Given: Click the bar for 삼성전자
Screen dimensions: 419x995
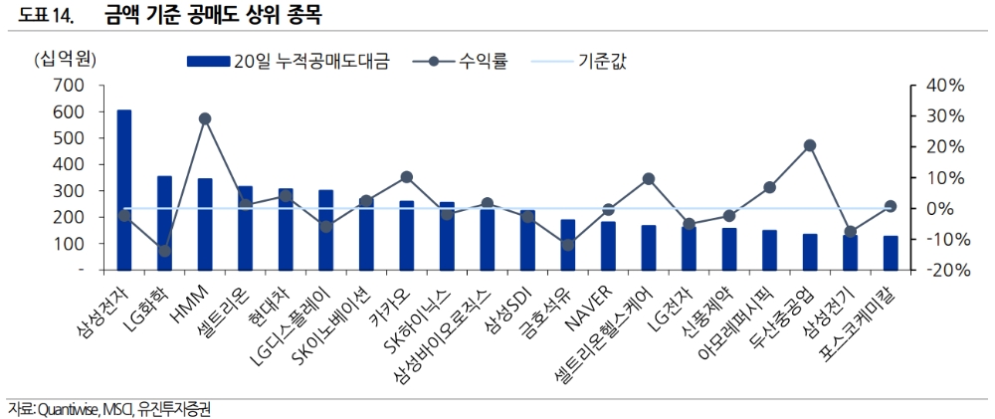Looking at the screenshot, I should click(124, 189).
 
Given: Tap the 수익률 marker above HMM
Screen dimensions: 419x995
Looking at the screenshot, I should click(205, 118).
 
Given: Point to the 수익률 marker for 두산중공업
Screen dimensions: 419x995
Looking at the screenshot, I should click(810, 145).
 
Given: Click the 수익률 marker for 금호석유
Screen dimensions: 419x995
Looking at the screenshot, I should click(567, 245).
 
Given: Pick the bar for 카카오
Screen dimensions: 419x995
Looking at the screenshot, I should click(406, 235).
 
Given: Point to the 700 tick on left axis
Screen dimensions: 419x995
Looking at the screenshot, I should click(70, 86).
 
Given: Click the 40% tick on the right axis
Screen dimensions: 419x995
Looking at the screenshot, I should click(944, 86).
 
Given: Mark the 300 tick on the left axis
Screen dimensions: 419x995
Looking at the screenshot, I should click(70, 191).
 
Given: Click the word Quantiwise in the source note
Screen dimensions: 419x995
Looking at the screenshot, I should click(66, 409).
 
